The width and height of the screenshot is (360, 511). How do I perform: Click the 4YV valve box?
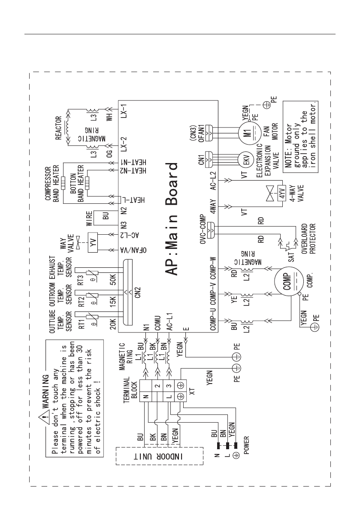coord(282,194)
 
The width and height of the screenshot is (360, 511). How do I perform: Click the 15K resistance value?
coord(113,302)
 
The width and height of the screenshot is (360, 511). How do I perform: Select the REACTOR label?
coord(59,128)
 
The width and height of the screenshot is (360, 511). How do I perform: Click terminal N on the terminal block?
coord(145,396)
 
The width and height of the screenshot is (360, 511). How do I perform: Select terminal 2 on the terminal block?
coord(157,386)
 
